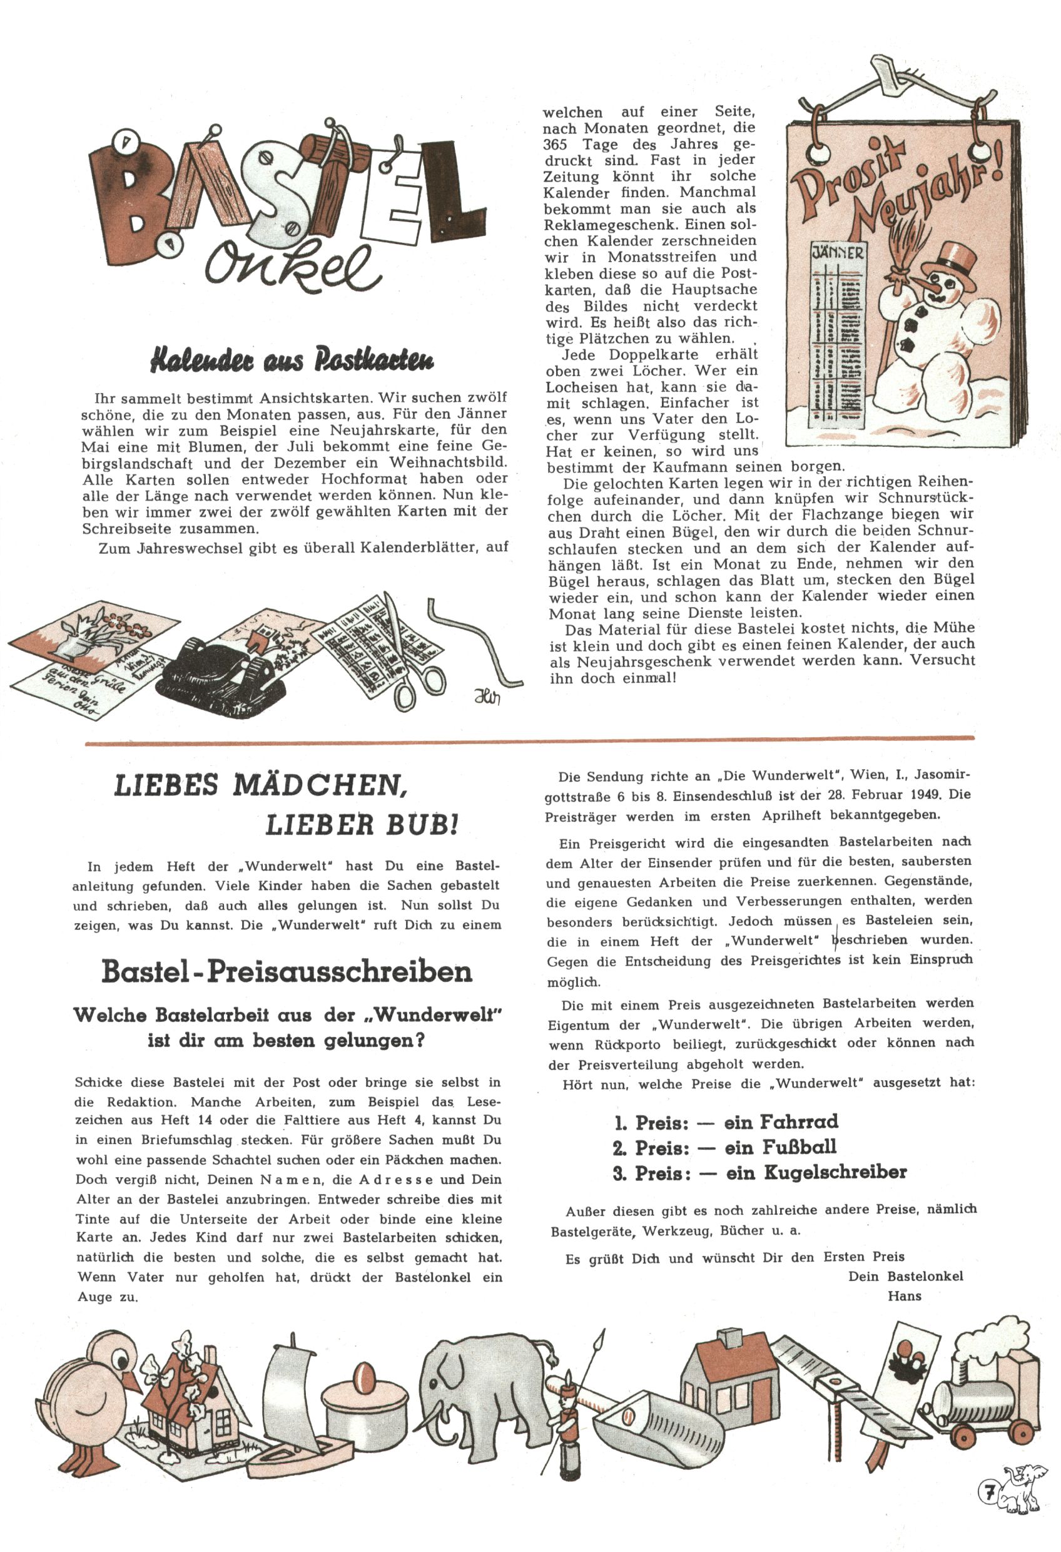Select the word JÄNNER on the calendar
(x=838, y=252)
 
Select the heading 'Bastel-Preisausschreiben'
(x=287, y=972)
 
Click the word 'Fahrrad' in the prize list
(x=800, y=1121)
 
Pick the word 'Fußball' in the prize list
(x=798, y=1147)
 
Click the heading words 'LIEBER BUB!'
(x=362, y=825)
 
